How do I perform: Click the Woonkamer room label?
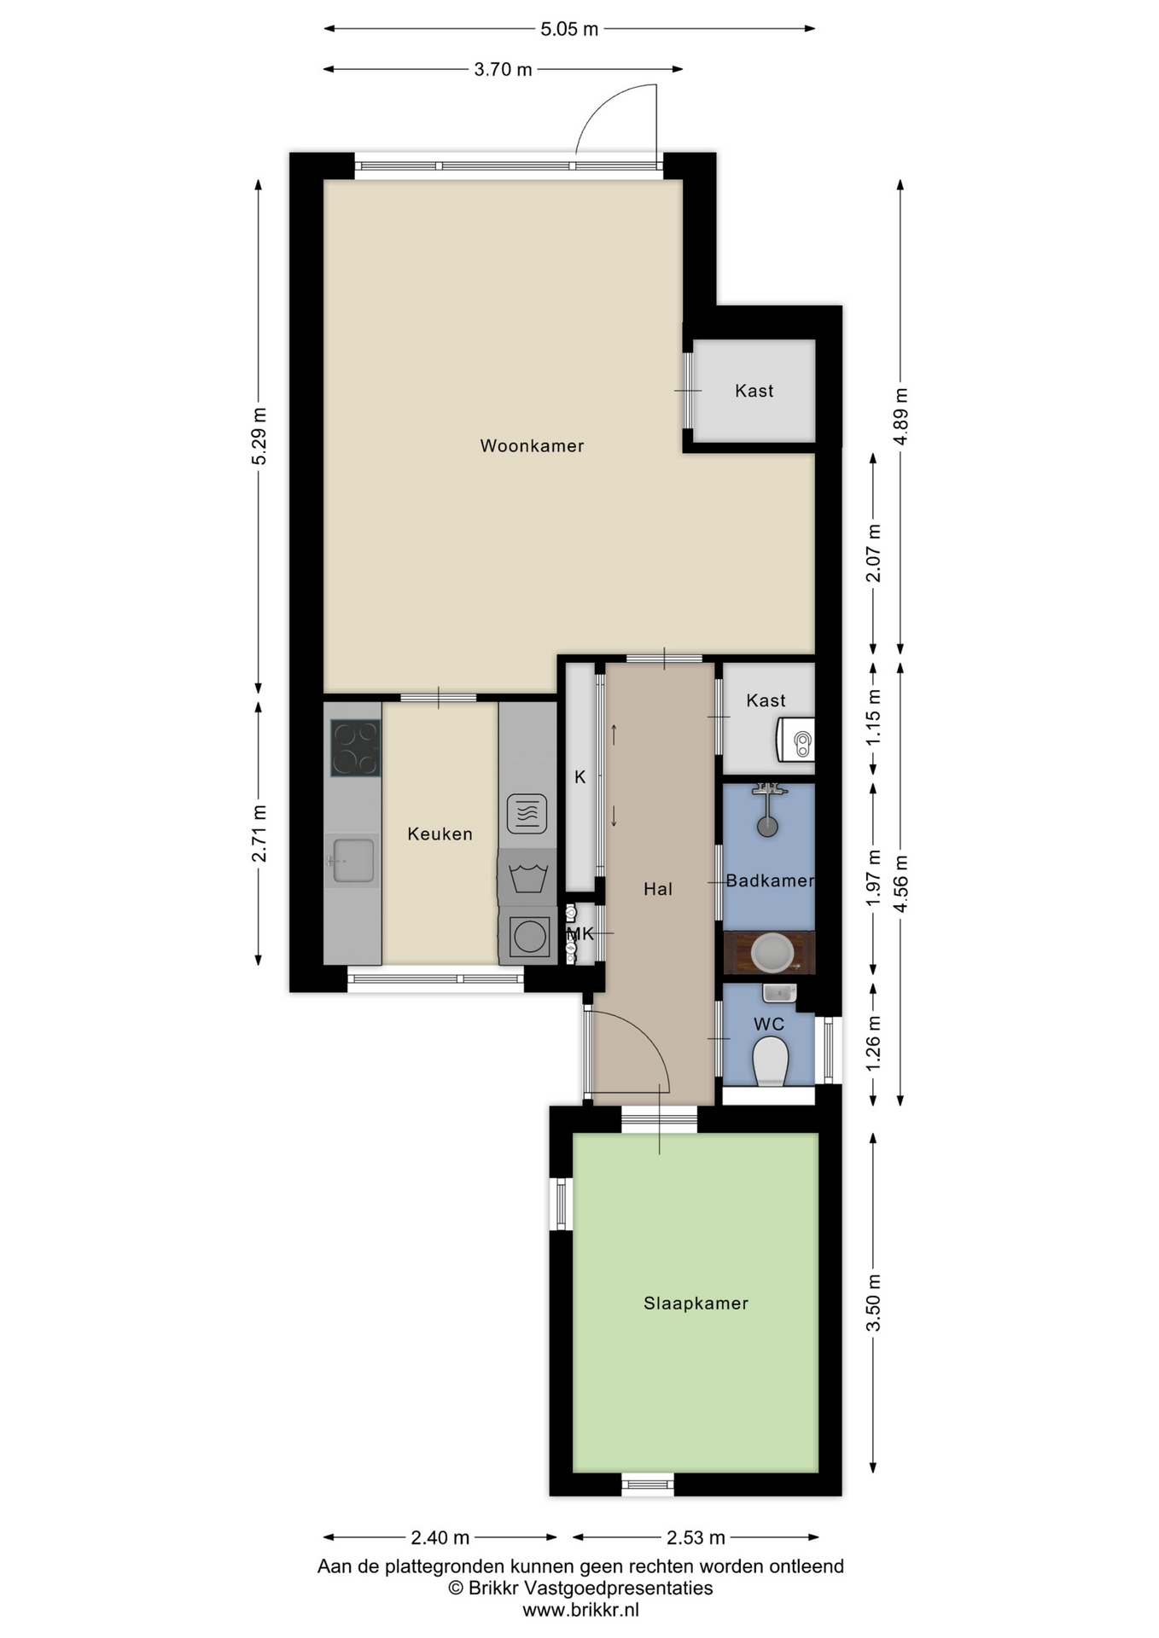tap(532, 445)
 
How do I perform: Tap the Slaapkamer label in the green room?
tap(696, 1303)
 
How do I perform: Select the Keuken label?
tap(440, 834)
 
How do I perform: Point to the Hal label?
tap(658, 889)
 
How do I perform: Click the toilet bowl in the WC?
tap(771, 1060)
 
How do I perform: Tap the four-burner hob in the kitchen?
tap(356, 748)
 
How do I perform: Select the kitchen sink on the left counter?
tap(352, 860)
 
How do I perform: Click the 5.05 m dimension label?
tap(569, 29)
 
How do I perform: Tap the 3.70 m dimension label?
tap(503, 69)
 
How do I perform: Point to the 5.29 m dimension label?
tap(259, 436)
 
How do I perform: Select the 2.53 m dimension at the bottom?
tap(696, 1537)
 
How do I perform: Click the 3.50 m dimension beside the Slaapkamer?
tap(873, 1303)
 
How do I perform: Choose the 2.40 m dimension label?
tap(440, 1537)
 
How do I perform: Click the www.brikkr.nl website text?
tap(580, 1610)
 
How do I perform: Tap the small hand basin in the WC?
tap(779, 992)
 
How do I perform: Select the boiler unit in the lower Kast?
tap(795, 739)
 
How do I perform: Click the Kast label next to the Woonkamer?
tap(754, 391)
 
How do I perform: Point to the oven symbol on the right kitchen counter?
tap(527, 813)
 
